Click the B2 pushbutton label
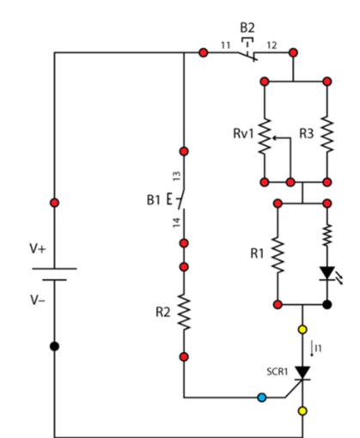[247, 27]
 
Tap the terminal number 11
[225, 46]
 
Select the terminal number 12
[272, 46]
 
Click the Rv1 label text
[243, 133]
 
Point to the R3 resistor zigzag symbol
[327, 134]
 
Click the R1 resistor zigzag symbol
[278, 254]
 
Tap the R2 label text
[163, 312]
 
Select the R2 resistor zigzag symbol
[184, 312]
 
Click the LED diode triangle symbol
[327, 273]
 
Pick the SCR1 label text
[278, 372]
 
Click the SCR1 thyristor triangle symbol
[302, 373]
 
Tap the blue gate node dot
[262, 398]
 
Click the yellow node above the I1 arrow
[302, 330]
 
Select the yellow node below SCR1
[302, 411]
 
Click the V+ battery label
[38, 248]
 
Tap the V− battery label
[38, 300]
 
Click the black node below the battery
[54, 346]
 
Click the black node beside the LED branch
[327, 305]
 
